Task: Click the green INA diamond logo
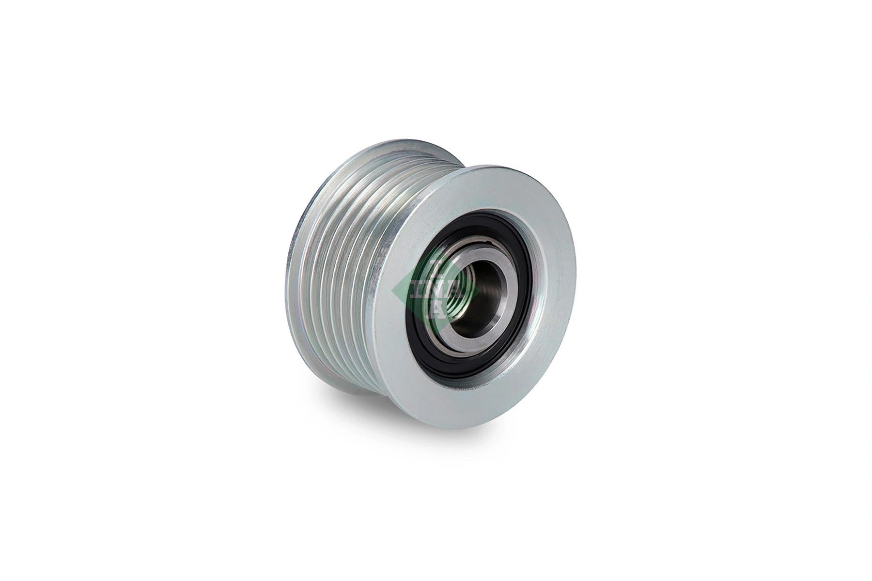[435, 290]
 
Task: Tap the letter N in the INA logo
[435, 290]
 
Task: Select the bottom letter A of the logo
[436, 312]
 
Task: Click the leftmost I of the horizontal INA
[417, 290]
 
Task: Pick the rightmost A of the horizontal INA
[454, 290]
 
